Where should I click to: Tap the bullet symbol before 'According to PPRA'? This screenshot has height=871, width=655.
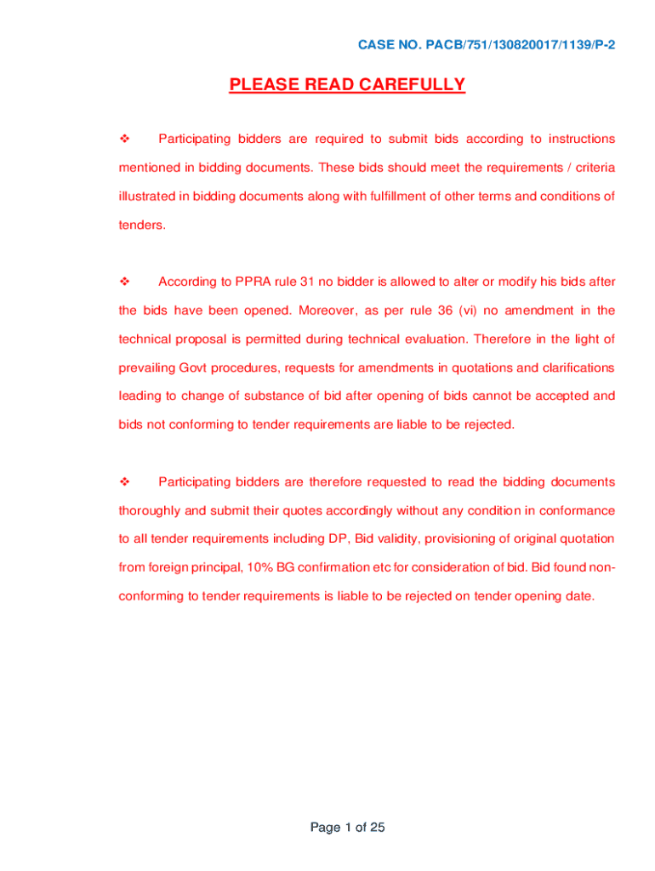tap(123, 282)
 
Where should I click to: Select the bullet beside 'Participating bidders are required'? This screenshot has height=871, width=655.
tap(123, 139)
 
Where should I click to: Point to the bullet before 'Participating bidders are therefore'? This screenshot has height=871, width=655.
tap(123, 482)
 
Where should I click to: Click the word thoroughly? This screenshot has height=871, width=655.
tap(151, 511)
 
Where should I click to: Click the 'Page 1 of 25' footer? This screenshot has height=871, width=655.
tap(348, 827)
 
